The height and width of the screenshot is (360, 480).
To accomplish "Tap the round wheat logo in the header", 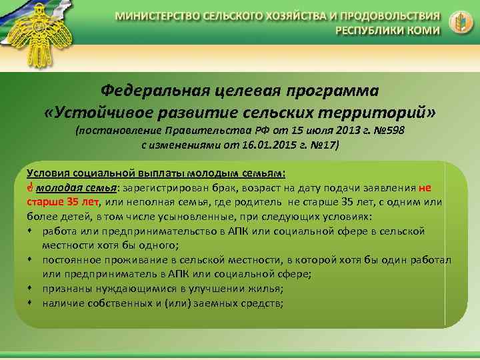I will (x=458, y=21).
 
